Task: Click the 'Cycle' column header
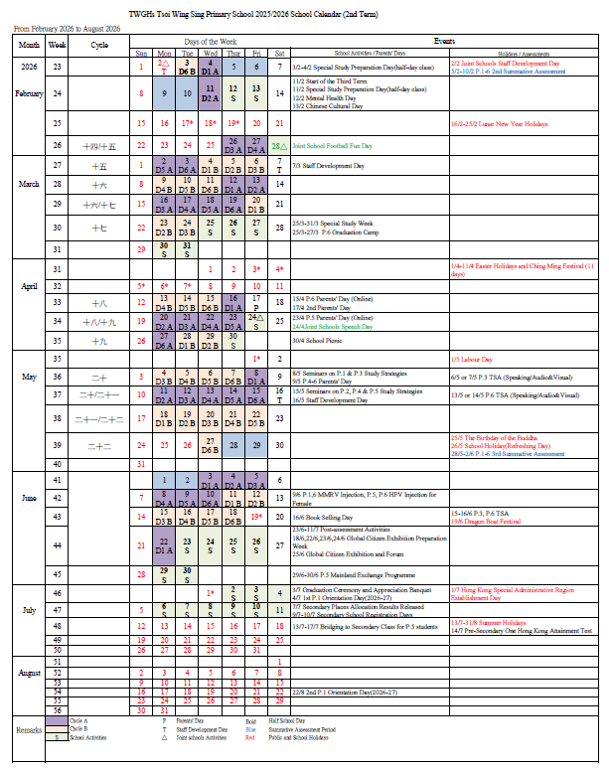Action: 99,46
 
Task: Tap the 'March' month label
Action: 29,184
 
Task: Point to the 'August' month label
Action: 29,672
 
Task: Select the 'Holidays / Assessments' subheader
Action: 523,53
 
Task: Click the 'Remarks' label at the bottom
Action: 29,730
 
